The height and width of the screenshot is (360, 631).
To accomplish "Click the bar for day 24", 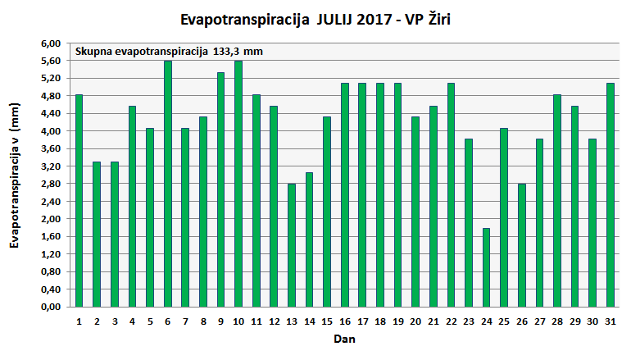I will point(487,267).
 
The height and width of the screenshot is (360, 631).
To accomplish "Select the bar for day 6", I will point(168,184).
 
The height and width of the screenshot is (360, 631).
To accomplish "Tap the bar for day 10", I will point(238,184).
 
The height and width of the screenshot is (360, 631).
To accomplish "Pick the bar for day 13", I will point(292,245).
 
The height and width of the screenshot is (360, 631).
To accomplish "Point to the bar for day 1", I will point(79,201).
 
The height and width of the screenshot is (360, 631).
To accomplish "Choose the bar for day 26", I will point(522,245).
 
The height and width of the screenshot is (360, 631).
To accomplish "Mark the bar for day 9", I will point(221,189).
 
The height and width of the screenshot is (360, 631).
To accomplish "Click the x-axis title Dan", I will point(344,338).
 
